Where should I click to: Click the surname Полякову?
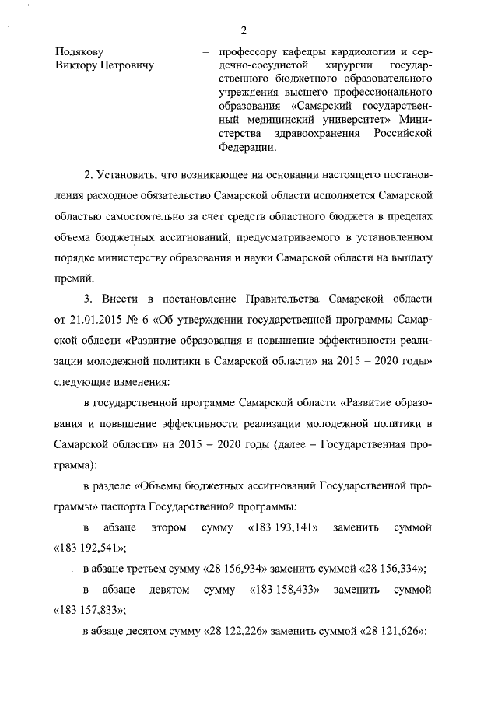(80, 51)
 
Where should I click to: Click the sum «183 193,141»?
(282, 528)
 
